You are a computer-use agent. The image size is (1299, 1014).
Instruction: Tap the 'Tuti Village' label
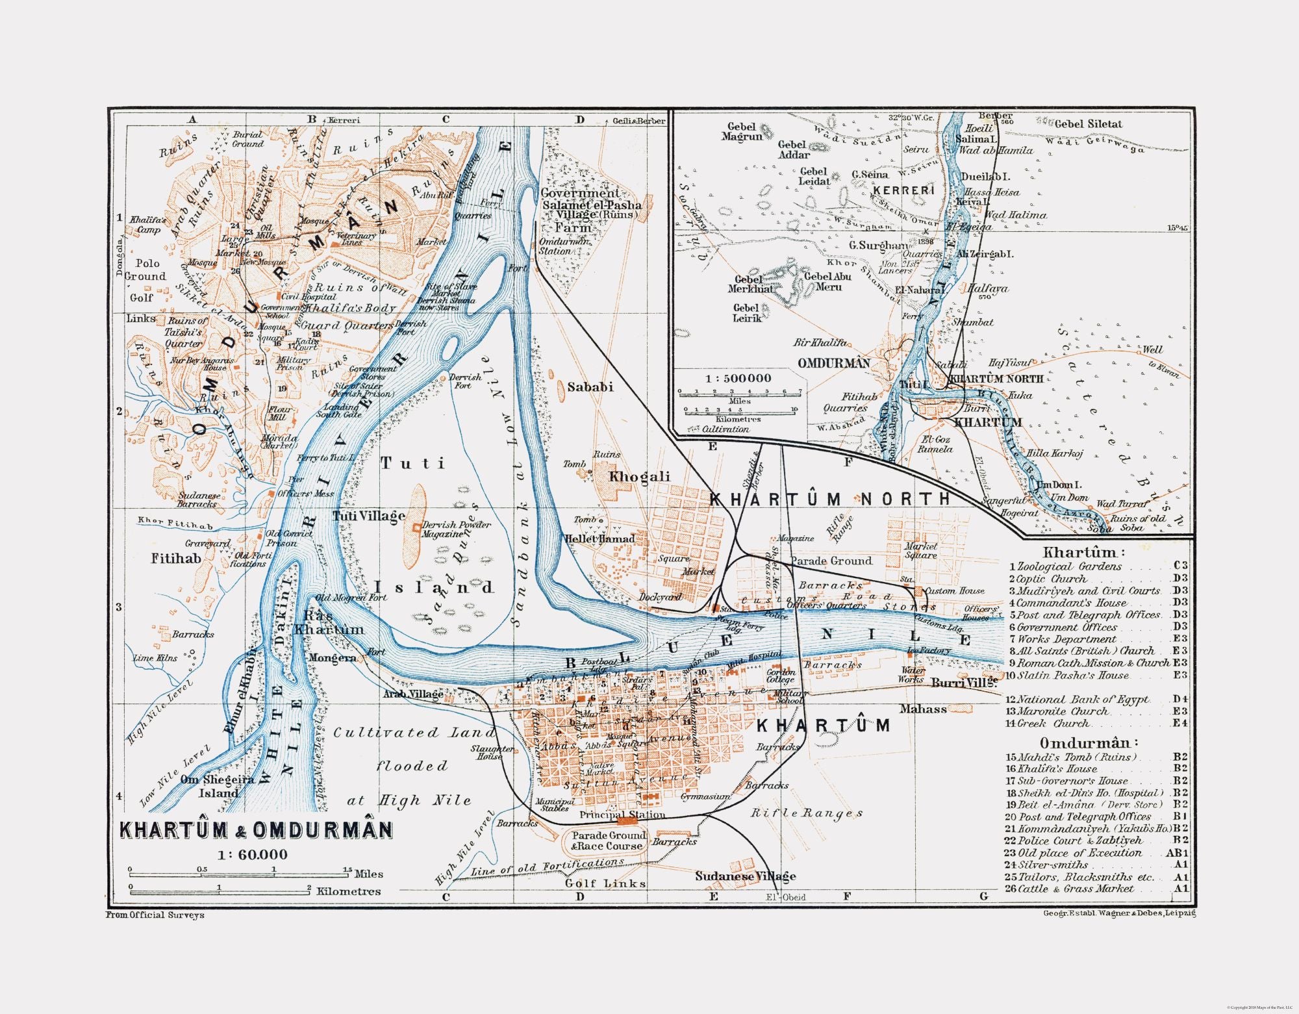(368, 516)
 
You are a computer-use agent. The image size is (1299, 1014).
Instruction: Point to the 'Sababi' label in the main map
(590, 387)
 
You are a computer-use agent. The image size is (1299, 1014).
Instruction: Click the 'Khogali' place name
(639, 477)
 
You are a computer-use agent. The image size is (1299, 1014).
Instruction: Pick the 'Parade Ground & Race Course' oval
(608, 841)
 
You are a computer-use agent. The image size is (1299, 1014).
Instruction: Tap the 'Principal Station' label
(622, 815)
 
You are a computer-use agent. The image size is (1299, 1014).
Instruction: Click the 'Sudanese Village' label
(745, 876)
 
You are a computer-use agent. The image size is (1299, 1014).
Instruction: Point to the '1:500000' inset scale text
(738, 378)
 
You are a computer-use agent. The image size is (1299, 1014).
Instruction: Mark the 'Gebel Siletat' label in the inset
(1088, 124)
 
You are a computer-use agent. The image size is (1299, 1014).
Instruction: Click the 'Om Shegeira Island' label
(217, 786)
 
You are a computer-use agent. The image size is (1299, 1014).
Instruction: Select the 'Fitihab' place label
(175, 558)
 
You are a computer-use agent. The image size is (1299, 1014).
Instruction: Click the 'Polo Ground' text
(147, 270)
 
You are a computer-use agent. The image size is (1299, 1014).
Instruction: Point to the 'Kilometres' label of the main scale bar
(348, 891)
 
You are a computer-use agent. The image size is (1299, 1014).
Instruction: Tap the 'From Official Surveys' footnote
(155, 915)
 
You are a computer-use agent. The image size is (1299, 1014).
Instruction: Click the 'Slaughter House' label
(492, 752)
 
